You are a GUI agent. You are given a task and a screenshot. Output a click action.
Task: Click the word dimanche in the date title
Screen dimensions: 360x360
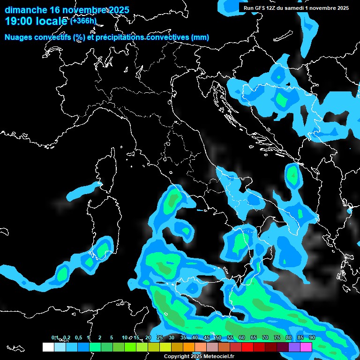coord(26,10)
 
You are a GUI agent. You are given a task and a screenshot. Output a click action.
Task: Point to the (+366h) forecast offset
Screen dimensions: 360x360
coord(83,21)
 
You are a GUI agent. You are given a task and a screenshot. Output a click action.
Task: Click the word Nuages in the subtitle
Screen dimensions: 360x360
coord(18,37)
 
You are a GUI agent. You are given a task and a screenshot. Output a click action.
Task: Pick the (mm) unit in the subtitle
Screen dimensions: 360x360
coord(200,37)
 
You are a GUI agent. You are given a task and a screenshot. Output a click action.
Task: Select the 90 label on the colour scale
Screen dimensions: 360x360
coord(312,337)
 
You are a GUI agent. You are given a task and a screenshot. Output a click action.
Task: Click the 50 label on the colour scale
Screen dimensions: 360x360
coord(218,337)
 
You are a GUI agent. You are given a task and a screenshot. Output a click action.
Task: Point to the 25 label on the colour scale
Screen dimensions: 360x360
coord(160,337)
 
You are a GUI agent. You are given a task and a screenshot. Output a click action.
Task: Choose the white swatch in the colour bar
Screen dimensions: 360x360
coord(48,347)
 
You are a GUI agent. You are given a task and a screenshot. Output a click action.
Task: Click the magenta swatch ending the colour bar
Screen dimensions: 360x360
coord(306,347)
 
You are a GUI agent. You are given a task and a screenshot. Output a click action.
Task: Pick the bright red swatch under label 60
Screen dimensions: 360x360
coord(247,347)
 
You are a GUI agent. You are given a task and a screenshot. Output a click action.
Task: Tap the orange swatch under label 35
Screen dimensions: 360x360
coord(188,347)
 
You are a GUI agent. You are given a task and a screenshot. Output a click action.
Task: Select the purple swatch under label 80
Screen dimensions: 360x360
coord(294,347)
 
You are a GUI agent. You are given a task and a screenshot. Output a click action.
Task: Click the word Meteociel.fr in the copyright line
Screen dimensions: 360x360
coord(218,356)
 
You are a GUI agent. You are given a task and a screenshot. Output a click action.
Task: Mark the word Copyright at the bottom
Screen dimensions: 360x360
coord(176,356)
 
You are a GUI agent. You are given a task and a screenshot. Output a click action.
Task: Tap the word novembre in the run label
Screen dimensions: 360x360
coord(318,7)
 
